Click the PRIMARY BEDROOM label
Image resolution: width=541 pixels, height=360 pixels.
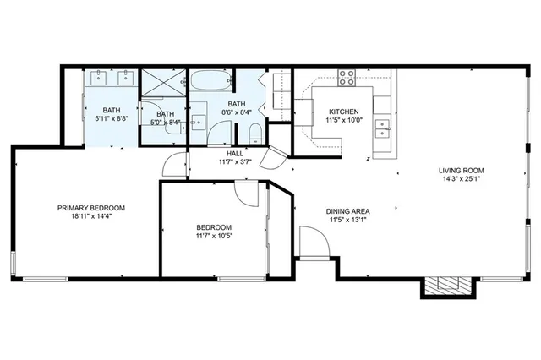(91, 208)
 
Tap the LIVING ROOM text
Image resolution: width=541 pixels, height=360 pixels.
(461, 169)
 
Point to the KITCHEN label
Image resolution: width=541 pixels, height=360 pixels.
(344, 112)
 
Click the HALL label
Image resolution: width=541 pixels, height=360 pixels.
(235, 153)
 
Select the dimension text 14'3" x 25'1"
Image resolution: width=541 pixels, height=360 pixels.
(461, 178)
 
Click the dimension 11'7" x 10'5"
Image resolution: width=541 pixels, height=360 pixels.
(214, 237)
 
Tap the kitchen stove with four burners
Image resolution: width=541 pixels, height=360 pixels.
(347, 78)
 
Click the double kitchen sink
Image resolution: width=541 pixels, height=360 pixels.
(383, 128)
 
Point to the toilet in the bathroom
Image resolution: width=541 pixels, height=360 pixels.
(254, 132)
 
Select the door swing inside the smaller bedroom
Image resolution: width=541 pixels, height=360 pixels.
(249, 194)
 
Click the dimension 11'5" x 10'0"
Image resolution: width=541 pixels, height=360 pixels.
(344, 121)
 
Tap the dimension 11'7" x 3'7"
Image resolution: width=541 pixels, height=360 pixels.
(235, 161)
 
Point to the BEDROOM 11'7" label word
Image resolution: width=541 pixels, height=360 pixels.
(214, 227)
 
